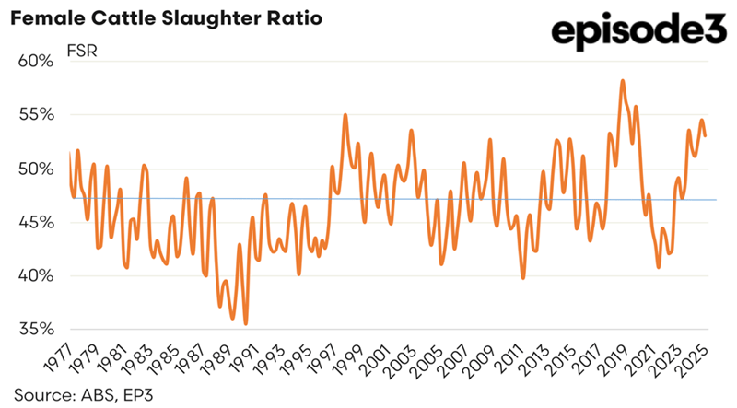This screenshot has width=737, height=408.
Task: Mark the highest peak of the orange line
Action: [624, 81]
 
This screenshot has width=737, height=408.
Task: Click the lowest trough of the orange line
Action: [246, 323]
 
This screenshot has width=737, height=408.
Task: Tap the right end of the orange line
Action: [706, 136]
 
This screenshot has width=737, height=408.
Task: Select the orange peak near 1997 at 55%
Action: [345, 115]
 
